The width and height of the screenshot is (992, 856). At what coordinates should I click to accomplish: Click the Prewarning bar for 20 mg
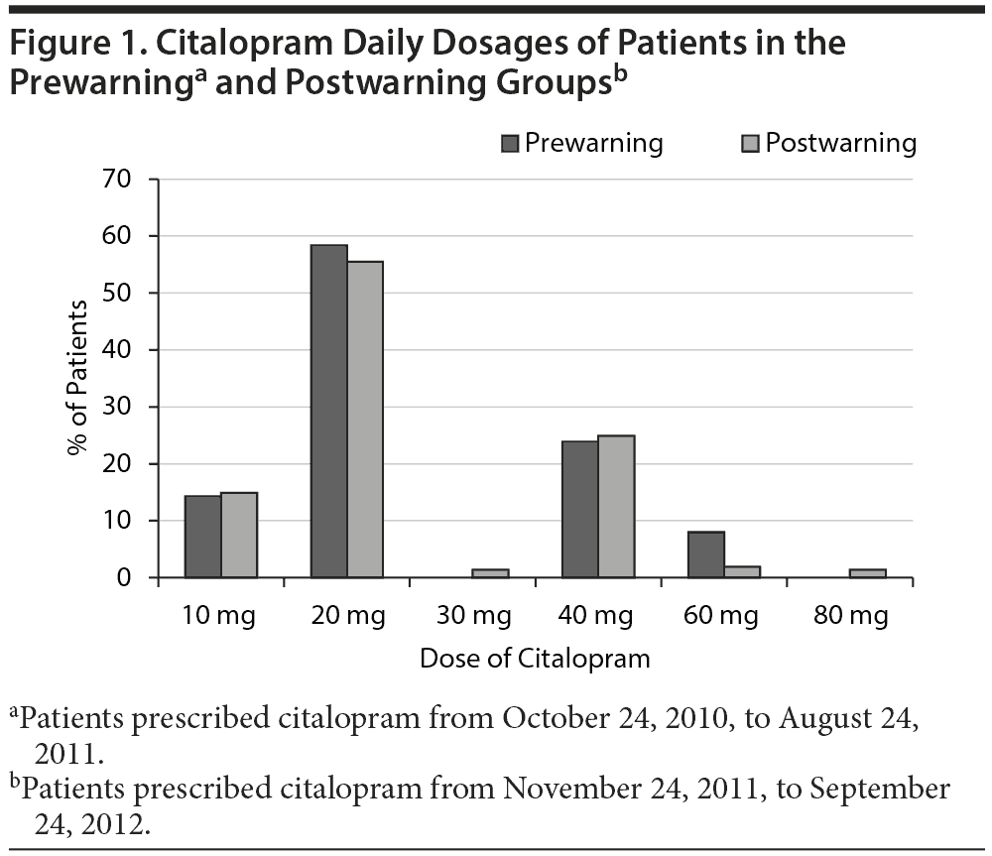pyautogui.click(x=329, y=411)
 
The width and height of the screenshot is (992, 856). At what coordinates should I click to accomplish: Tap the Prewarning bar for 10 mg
pyautogui.click(x=203, y=537)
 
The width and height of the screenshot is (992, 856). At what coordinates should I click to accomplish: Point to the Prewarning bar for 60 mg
pyautogui.click(x=706, y=554)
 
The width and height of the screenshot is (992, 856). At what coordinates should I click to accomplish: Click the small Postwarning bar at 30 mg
pyautogui.click(x=491, y=573)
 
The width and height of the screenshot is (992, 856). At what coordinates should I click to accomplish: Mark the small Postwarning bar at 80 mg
pyautogui.click(x=868, y=573)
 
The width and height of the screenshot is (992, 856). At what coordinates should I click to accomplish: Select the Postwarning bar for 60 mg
pyautogui.click(x=742, y=571)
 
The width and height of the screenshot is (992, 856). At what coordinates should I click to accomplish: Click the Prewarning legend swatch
pyautogui.click(x=511, y=144)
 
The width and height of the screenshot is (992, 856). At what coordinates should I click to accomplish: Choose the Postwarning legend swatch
pyautogui.click(x=750, y=144)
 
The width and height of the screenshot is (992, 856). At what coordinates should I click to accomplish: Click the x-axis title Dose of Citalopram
pyautogui.click(x=535, y=659)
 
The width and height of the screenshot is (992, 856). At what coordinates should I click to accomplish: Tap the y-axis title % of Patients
pyautogui.click(x=77, y=377)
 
